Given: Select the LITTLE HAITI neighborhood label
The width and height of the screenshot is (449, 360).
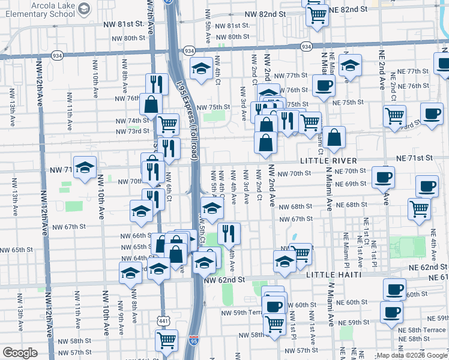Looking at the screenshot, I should [333, 274].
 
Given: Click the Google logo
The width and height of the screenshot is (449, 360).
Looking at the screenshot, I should [20, 353].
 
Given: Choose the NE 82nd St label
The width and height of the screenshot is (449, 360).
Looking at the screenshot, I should [348, 10].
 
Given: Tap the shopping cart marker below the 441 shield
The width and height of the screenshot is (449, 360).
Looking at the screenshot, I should [167, 341].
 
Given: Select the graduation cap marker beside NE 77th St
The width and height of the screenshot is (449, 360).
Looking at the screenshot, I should [350, 67].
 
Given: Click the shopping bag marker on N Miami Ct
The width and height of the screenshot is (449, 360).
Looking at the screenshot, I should [334, 137].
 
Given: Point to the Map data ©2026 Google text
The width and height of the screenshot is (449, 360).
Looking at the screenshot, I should [411, 355].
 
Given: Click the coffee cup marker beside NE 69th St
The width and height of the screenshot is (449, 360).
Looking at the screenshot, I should [384, 177].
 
